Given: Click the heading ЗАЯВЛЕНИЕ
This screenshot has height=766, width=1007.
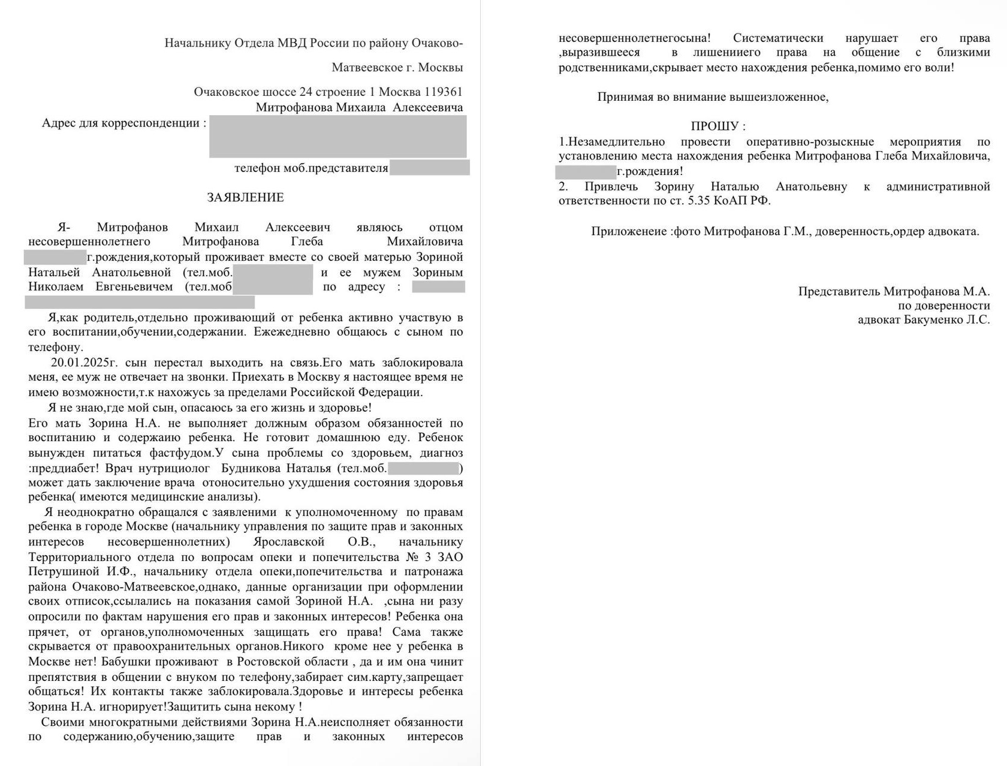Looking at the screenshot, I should coord(245,197).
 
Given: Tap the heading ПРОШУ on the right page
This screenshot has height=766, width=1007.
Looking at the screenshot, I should coord(714,126).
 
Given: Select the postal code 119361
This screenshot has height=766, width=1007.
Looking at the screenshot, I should coord(443,92).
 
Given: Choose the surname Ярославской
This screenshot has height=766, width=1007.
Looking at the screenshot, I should coord(288,542).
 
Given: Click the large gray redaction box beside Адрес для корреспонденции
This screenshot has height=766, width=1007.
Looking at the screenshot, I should coord(337,137).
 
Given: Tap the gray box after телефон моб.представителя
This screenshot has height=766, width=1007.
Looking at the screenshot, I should coord(429,167).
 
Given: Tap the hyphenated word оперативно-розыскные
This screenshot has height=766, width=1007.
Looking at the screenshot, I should coord(810,142).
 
